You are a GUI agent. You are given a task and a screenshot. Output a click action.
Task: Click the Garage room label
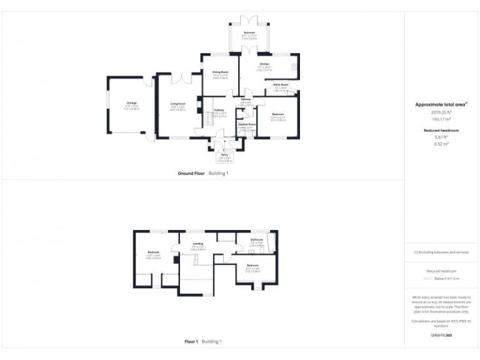tap(132, 103)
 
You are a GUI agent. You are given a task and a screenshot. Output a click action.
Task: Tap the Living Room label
tap(178, 104)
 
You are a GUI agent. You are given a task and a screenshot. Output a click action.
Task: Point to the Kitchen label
tap(264, 64)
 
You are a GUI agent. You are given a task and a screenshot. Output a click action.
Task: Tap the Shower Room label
tap(247, 125)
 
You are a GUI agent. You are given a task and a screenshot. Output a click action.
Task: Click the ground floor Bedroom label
tap(278, 114)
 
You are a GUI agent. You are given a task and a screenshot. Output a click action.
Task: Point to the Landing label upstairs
tap(197, 244)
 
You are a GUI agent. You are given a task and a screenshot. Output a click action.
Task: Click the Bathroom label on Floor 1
tap(257, 239)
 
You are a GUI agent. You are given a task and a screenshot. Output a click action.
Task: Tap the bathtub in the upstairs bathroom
tap(271, 242)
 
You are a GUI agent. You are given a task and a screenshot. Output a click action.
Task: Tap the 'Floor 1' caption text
tap(191, 342)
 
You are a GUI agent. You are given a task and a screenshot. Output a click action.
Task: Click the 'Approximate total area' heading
tap(441, 105)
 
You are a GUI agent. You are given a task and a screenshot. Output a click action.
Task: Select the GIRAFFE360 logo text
tap(441, 336)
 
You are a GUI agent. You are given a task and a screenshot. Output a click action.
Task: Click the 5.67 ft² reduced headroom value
tap(441, 137)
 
